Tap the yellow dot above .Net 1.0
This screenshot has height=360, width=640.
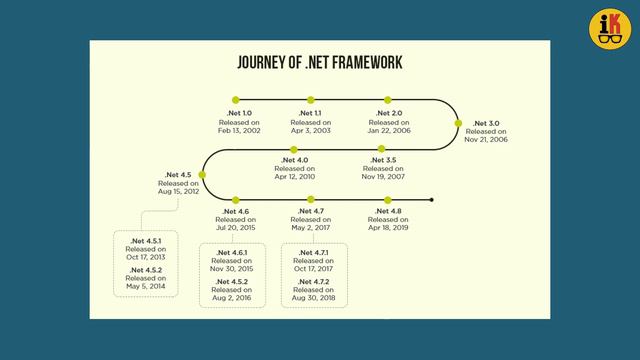point(236,100)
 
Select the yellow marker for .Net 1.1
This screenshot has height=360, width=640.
point(311,100)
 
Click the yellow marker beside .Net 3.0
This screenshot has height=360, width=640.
point(460,124)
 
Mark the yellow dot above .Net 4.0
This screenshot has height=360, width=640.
point(296,149)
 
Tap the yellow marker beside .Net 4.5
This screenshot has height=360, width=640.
point(204,174)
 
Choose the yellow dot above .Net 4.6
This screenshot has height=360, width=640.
point(236,200)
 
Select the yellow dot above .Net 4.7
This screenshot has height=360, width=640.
point(311,200)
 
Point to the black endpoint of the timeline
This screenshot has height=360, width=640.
point(432,200)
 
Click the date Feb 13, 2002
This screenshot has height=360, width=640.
point(240,131)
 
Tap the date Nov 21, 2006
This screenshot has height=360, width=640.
point(486,139)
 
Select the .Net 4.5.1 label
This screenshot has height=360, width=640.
point(145,241)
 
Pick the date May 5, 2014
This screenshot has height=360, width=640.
point(145,287)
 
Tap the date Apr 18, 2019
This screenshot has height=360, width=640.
point(388,227)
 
